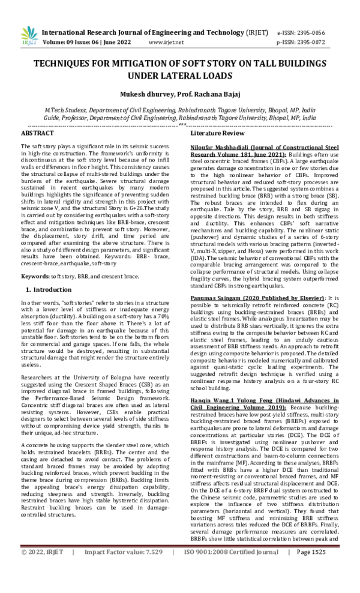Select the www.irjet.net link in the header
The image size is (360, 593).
tap(165, 43)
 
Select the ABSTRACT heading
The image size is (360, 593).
tap(37, 132)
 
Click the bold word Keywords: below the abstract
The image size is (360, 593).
tap(35, 275)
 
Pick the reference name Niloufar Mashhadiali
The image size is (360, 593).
tap(223, 146)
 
